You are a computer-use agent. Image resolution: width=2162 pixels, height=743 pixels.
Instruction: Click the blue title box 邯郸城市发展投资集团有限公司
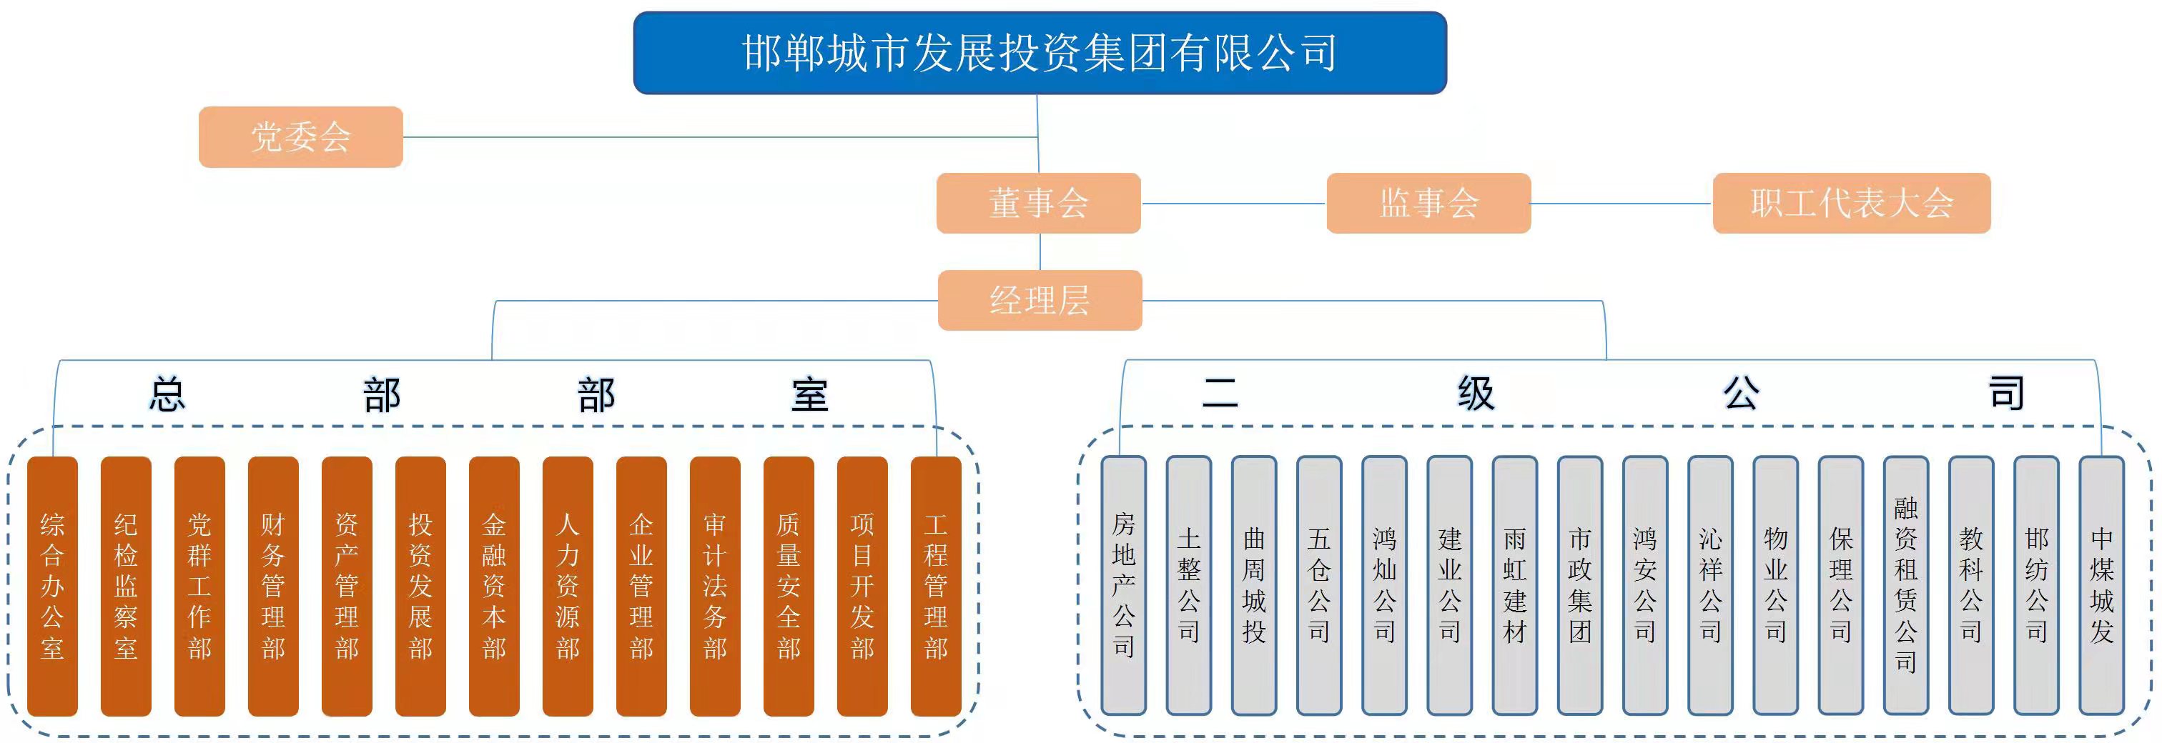point(1039,53)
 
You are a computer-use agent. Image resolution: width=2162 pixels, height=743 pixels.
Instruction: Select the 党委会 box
point(300,136)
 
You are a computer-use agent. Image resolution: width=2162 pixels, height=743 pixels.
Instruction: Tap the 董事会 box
point(1038,203)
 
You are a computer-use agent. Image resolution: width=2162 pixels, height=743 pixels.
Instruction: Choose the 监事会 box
point(1428,203)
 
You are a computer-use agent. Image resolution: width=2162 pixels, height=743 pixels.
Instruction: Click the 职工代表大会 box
point(1850,203)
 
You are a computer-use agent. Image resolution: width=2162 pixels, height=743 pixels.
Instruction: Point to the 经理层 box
point(1039,300)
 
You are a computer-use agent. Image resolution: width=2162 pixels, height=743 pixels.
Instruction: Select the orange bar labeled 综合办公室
point(52,585)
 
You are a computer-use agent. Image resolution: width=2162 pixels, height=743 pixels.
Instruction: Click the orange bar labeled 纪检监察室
point(126,585)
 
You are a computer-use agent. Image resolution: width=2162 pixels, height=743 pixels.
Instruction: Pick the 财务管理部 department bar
point(273,585)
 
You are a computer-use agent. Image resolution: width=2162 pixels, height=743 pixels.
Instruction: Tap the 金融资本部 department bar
point(493,585)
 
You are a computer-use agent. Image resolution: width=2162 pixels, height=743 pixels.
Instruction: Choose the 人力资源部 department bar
point(568,585)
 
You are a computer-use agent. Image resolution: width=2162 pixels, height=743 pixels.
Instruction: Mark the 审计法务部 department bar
point(714,585)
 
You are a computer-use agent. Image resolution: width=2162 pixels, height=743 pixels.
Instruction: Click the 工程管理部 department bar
point(935,585)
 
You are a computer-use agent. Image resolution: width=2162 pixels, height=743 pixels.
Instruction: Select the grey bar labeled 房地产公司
point(1123,585)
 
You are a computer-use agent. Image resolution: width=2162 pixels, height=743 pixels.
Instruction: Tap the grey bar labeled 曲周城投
point(1253,585)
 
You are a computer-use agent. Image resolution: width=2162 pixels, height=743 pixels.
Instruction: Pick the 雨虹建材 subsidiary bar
point(1514,585)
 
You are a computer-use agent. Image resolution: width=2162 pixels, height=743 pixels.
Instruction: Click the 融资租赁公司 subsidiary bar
point(1905,585)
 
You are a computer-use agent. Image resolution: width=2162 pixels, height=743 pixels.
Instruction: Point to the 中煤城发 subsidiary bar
point(2101,585)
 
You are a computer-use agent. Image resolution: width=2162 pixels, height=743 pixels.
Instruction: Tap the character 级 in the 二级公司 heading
point(1476,392)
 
